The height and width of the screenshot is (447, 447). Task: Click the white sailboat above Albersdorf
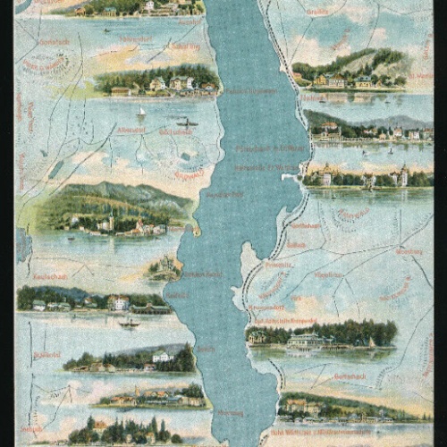140,113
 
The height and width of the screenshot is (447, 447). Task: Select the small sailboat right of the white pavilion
369,342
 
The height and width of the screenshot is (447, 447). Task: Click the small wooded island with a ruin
164,266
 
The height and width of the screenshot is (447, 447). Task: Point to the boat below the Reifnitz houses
131,323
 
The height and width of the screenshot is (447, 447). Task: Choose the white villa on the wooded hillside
163,356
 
